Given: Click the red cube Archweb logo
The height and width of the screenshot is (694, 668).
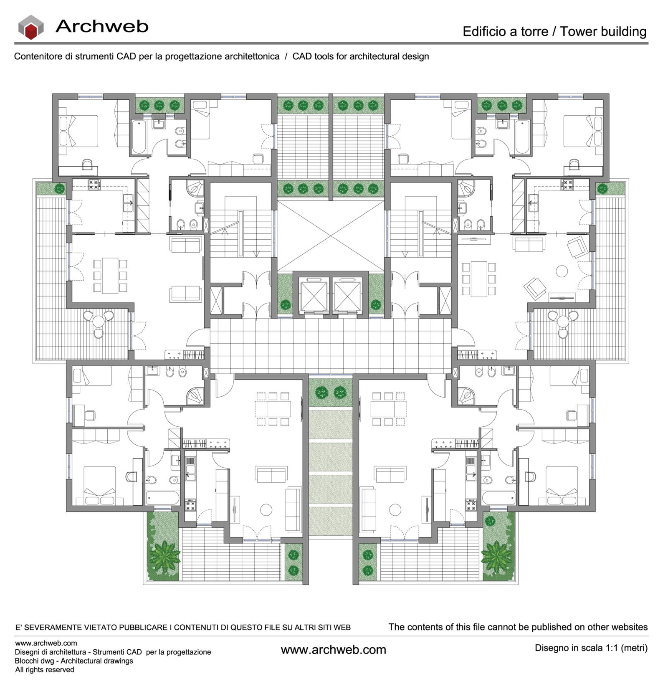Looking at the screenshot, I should coord(31,28).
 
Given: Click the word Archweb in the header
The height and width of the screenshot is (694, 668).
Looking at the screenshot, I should coord(102,26).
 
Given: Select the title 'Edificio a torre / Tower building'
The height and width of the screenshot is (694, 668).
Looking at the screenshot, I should coord(554,31).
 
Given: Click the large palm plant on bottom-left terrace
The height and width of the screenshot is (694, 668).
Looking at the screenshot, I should coord(164,556).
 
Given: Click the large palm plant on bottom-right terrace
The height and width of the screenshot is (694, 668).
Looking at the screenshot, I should coord(497,556).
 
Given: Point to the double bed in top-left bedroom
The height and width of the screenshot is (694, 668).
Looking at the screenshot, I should coord(79,131).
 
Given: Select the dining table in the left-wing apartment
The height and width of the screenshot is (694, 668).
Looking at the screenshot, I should coord(110,275).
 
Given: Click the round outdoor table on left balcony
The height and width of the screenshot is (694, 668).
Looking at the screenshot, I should coord(99,321).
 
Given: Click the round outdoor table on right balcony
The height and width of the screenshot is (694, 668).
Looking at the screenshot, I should coord(563,321).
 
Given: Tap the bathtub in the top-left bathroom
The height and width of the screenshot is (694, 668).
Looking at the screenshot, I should coord(139,137).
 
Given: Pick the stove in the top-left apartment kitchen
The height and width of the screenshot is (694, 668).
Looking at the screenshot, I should coord(94,185).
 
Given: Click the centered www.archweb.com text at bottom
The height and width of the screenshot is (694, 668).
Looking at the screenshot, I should coord(333,650).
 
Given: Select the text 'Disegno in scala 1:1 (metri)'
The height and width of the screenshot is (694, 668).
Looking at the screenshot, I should coord(591,648).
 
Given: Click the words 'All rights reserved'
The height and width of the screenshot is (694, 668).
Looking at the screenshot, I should coord(45,670).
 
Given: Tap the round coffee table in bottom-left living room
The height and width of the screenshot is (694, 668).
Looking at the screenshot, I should coord(266,509).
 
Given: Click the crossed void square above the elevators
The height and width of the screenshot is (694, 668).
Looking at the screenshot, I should coord(331,236).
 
